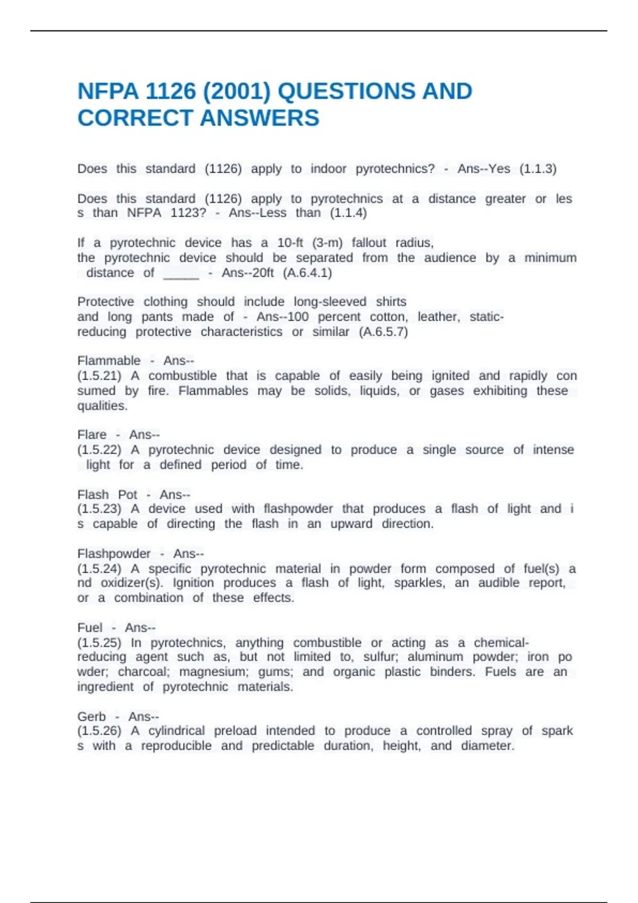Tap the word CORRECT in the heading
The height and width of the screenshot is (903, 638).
pyautogui.click(x=136, y=118)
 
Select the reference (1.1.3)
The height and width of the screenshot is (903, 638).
pyautogui.click(x=538, y=169)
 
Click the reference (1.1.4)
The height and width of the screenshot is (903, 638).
pyautogui.click(x=348, y=213)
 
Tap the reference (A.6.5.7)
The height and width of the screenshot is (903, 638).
pyautogui.click(x=383, y=332)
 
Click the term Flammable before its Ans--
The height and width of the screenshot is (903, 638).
pyautogui.click(x=109, y=361)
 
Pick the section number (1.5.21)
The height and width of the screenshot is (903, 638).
pyautogui.click(x=99, y=376)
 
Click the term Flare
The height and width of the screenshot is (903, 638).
pyautogui.click(x=92, y=435)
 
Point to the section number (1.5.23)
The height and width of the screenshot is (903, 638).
pyautogui.click(x=99, y=509)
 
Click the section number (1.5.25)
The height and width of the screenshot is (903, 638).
pyautogui.click(x=99, y=643)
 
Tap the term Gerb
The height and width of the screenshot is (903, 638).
pyautogui.click(x=91, y=717)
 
